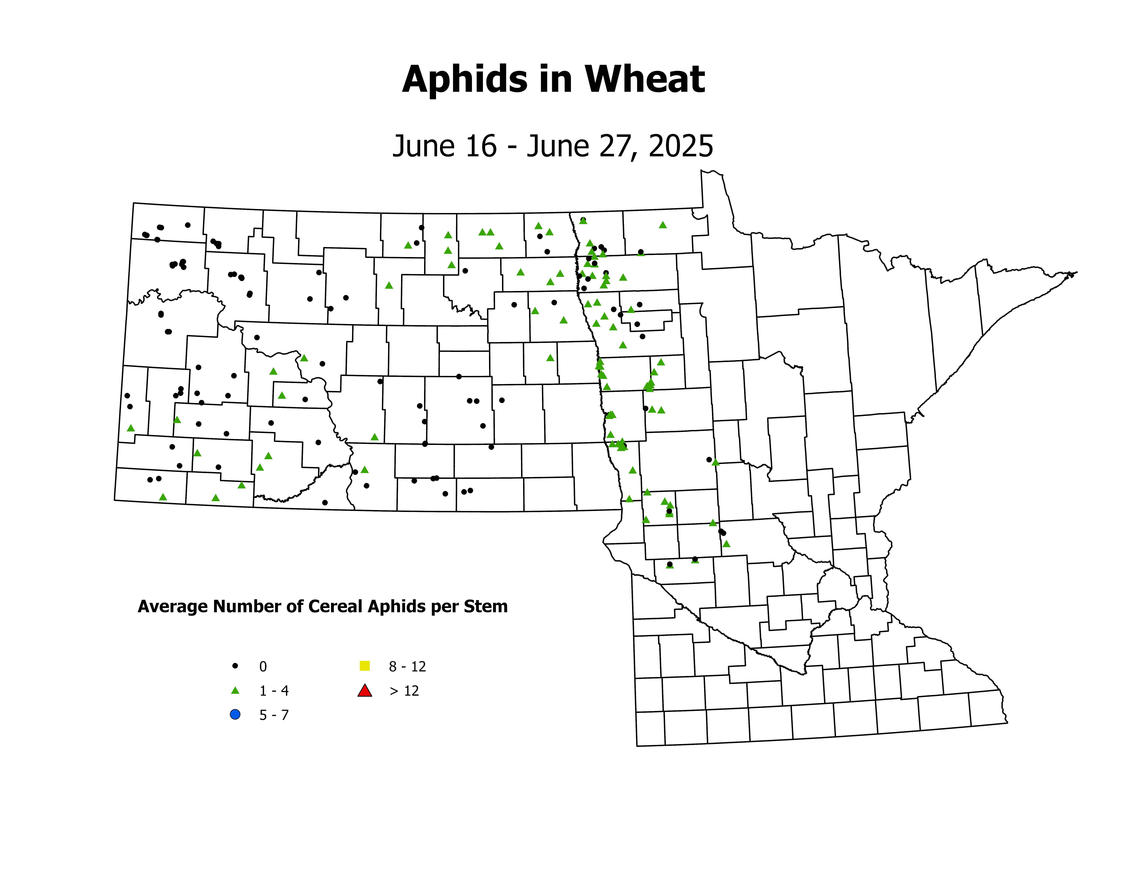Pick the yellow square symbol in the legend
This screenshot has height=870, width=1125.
[x=365, y=666]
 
